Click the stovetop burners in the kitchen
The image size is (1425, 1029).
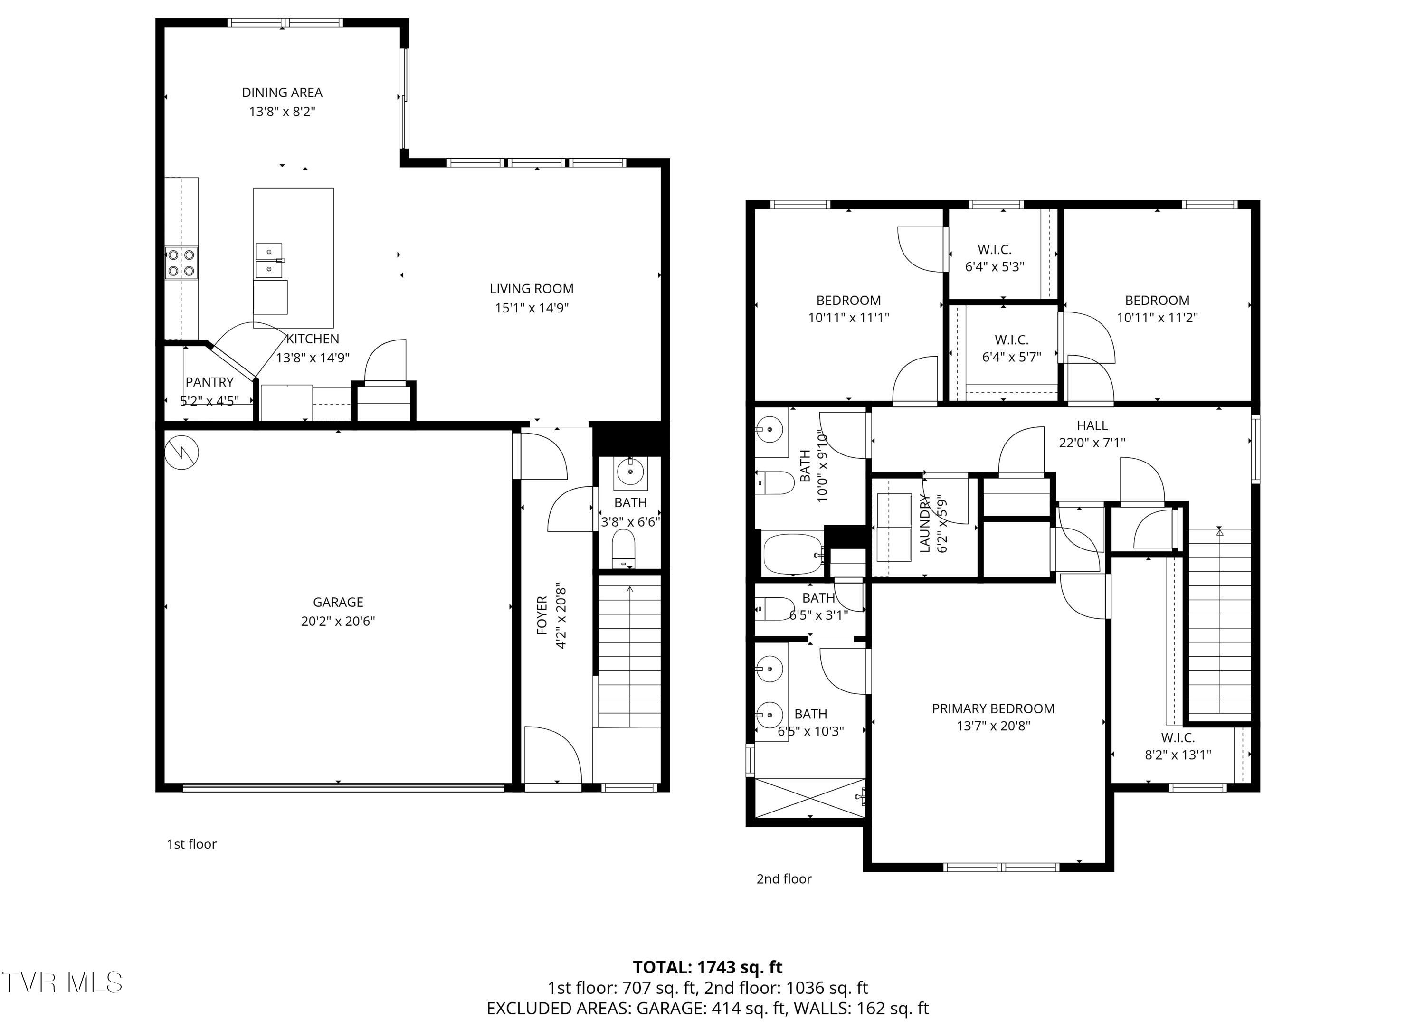[x=181, y=263]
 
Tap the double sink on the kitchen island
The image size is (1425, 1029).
[x=269, y=260]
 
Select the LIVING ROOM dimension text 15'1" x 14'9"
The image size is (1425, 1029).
[x=532, y=308]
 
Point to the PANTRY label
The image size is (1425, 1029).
[x=209, y=382]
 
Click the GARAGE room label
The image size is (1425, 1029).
[x=338, y=602]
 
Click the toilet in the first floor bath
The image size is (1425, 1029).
[x=623, y=548]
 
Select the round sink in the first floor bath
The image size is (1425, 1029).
[x=630, y=471]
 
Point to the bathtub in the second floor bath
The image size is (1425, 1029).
[x=792, y=554]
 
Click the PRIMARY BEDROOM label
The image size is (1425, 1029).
[x=993, y=708]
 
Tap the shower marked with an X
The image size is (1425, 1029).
[x=809, y=798]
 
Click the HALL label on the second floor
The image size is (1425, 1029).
[x=1092, y=426]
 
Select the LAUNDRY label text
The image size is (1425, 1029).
[x=924, y=523]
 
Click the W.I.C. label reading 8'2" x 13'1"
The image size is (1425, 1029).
[x=1178, y=755]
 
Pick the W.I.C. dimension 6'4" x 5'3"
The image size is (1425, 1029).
[x=995, y=266]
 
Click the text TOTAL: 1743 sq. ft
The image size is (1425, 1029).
[x=707, y=967]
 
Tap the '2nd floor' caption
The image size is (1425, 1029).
[x=783, y=879]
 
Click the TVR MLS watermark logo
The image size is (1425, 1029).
[x=62, y=982]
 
